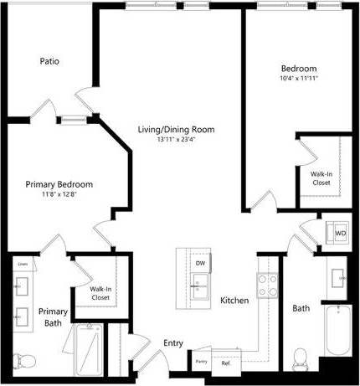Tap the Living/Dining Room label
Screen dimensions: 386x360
[x=177, y=130]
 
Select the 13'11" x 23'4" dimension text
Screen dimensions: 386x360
[x=177, y=140]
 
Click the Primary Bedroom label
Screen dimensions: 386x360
[x=59, y=184]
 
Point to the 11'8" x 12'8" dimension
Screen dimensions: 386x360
[x=59, y=194]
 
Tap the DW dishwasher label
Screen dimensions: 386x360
[x=200, y=263]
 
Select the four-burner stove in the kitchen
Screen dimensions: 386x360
[x=267, y=286]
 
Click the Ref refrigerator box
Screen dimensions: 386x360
[x=225, y=363]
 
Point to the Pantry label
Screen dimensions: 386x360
[x=201, y=361]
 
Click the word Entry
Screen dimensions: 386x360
[x=173, y=343]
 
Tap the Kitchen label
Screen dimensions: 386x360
[x=234, y=300]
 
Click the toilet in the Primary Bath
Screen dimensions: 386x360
[x=25, y=360]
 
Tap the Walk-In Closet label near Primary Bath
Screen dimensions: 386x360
[x=100, y=293]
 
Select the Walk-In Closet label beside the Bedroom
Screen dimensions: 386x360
[x=321, y=178]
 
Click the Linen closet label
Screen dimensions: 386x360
[x=23, y=265]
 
